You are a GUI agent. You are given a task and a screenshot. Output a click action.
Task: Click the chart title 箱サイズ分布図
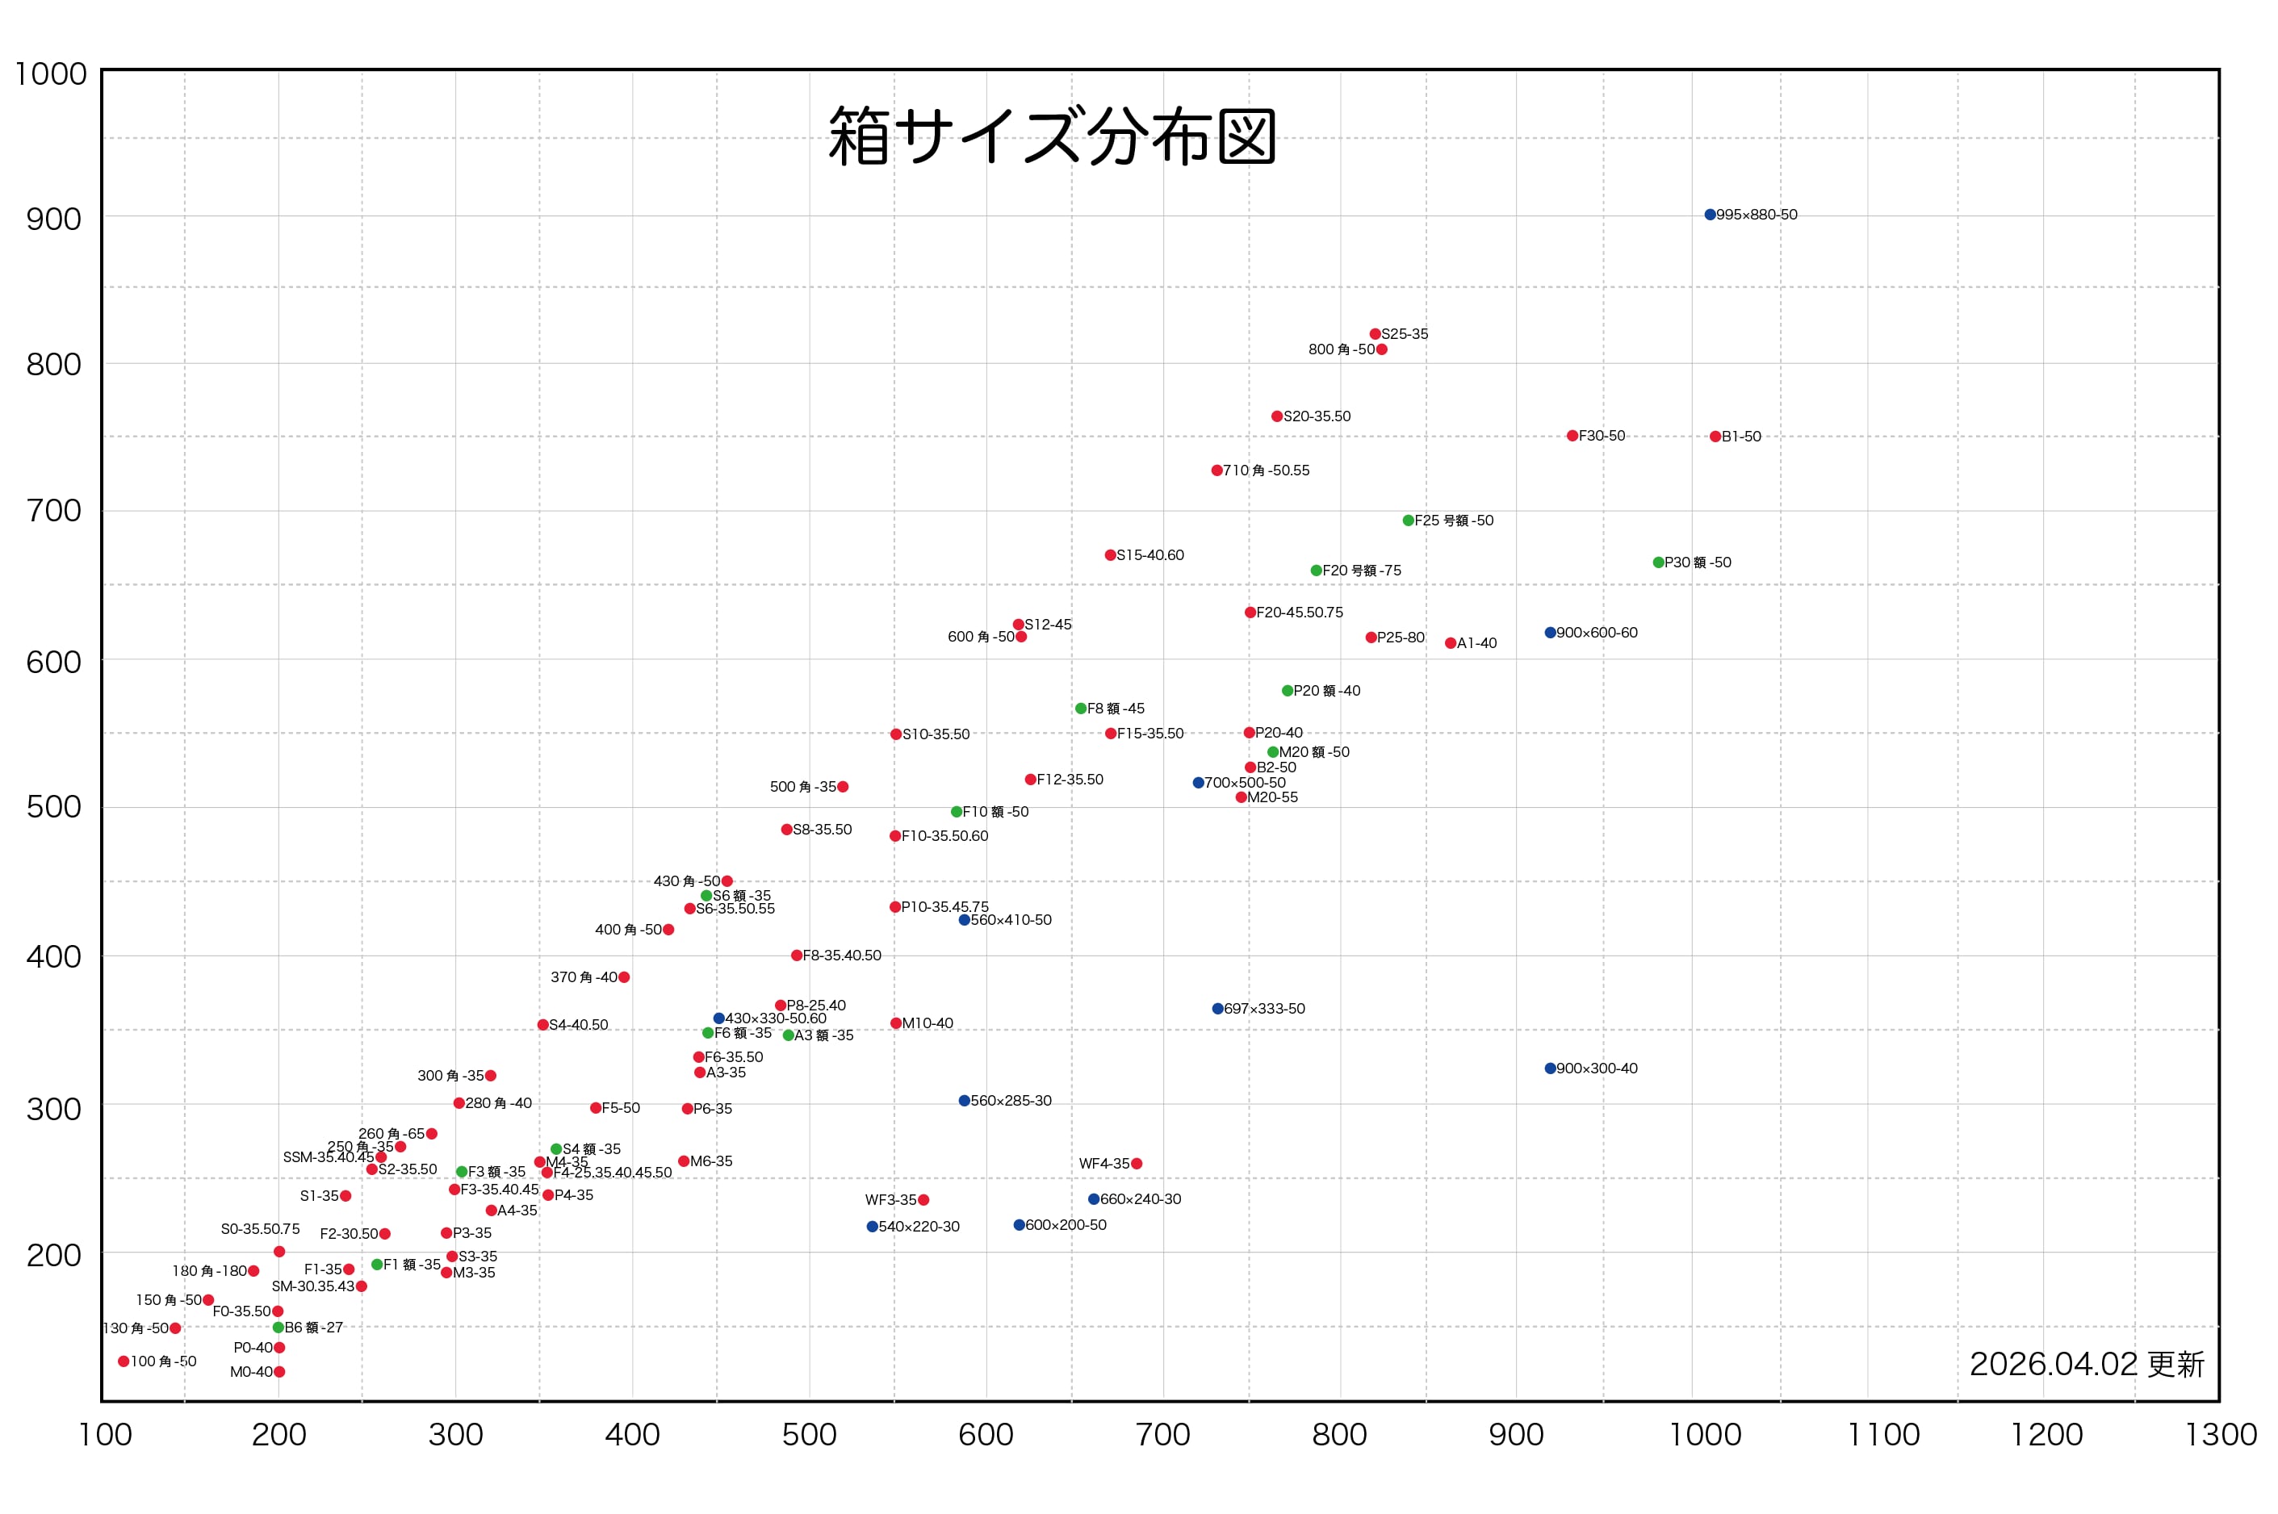tap(1052, 136)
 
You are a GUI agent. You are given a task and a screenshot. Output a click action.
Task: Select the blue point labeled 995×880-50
tap(1709, 215)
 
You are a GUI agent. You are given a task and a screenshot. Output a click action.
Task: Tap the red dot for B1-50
tap(1715, 437)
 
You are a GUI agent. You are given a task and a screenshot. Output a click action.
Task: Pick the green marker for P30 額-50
tap(1658, 562)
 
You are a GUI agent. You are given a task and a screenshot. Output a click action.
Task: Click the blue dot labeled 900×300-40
tap(1550, 1068)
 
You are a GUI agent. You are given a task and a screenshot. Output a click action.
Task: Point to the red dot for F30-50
tap(1572, 436)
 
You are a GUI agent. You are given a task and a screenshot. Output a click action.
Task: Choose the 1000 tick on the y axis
tap(50, 74)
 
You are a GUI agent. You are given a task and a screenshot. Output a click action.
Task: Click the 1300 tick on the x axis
tap(2220, 1435)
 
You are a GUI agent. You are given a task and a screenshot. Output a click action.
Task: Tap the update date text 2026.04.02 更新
tap(2087, 1365)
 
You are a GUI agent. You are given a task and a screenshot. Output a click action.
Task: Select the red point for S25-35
tap(1375, 334)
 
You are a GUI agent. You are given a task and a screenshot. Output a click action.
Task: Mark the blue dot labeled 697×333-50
tap(1217, 1009)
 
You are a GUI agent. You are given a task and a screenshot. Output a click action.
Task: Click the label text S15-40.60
tap(1150, 555)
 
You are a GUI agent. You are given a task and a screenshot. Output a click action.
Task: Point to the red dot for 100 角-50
tap(124, 1361)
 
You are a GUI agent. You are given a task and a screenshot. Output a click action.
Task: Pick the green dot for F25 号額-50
tap(1408, 521)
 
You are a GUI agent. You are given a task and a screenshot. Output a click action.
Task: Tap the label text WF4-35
tap(1103, 1164)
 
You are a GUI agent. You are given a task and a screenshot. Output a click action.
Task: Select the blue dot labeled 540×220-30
tap(872, 1226)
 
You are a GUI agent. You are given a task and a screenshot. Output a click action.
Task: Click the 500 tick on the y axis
tap(54, 807)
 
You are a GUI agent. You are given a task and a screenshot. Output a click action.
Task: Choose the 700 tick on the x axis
tap(1162, 1435)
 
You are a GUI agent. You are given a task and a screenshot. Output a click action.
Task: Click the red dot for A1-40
tap(1451, 643)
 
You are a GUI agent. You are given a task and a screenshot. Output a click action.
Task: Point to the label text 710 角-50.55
tap(1266, 471)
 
